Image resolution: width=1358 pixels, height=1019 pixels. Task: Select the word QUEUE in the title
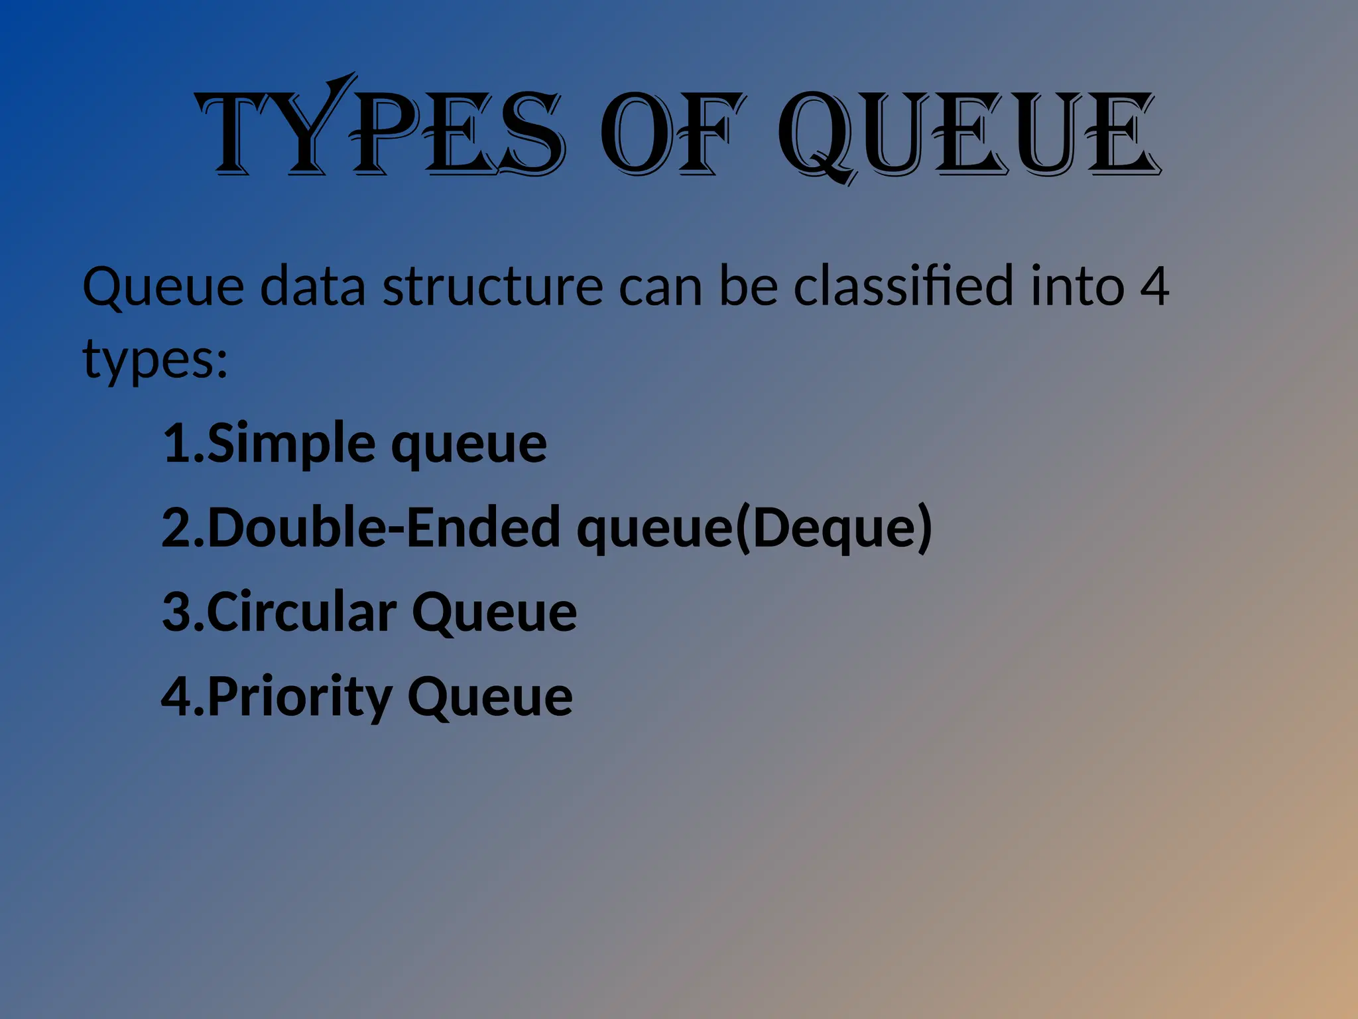[967, 136]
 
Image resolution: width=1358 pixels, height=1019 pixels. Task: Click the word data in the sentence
[312, 287]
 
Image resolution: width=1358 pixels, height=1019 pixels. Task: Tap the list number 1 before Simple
[177, 443]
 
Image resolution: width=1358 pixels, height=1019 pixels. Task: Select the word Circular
[302, 612]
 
